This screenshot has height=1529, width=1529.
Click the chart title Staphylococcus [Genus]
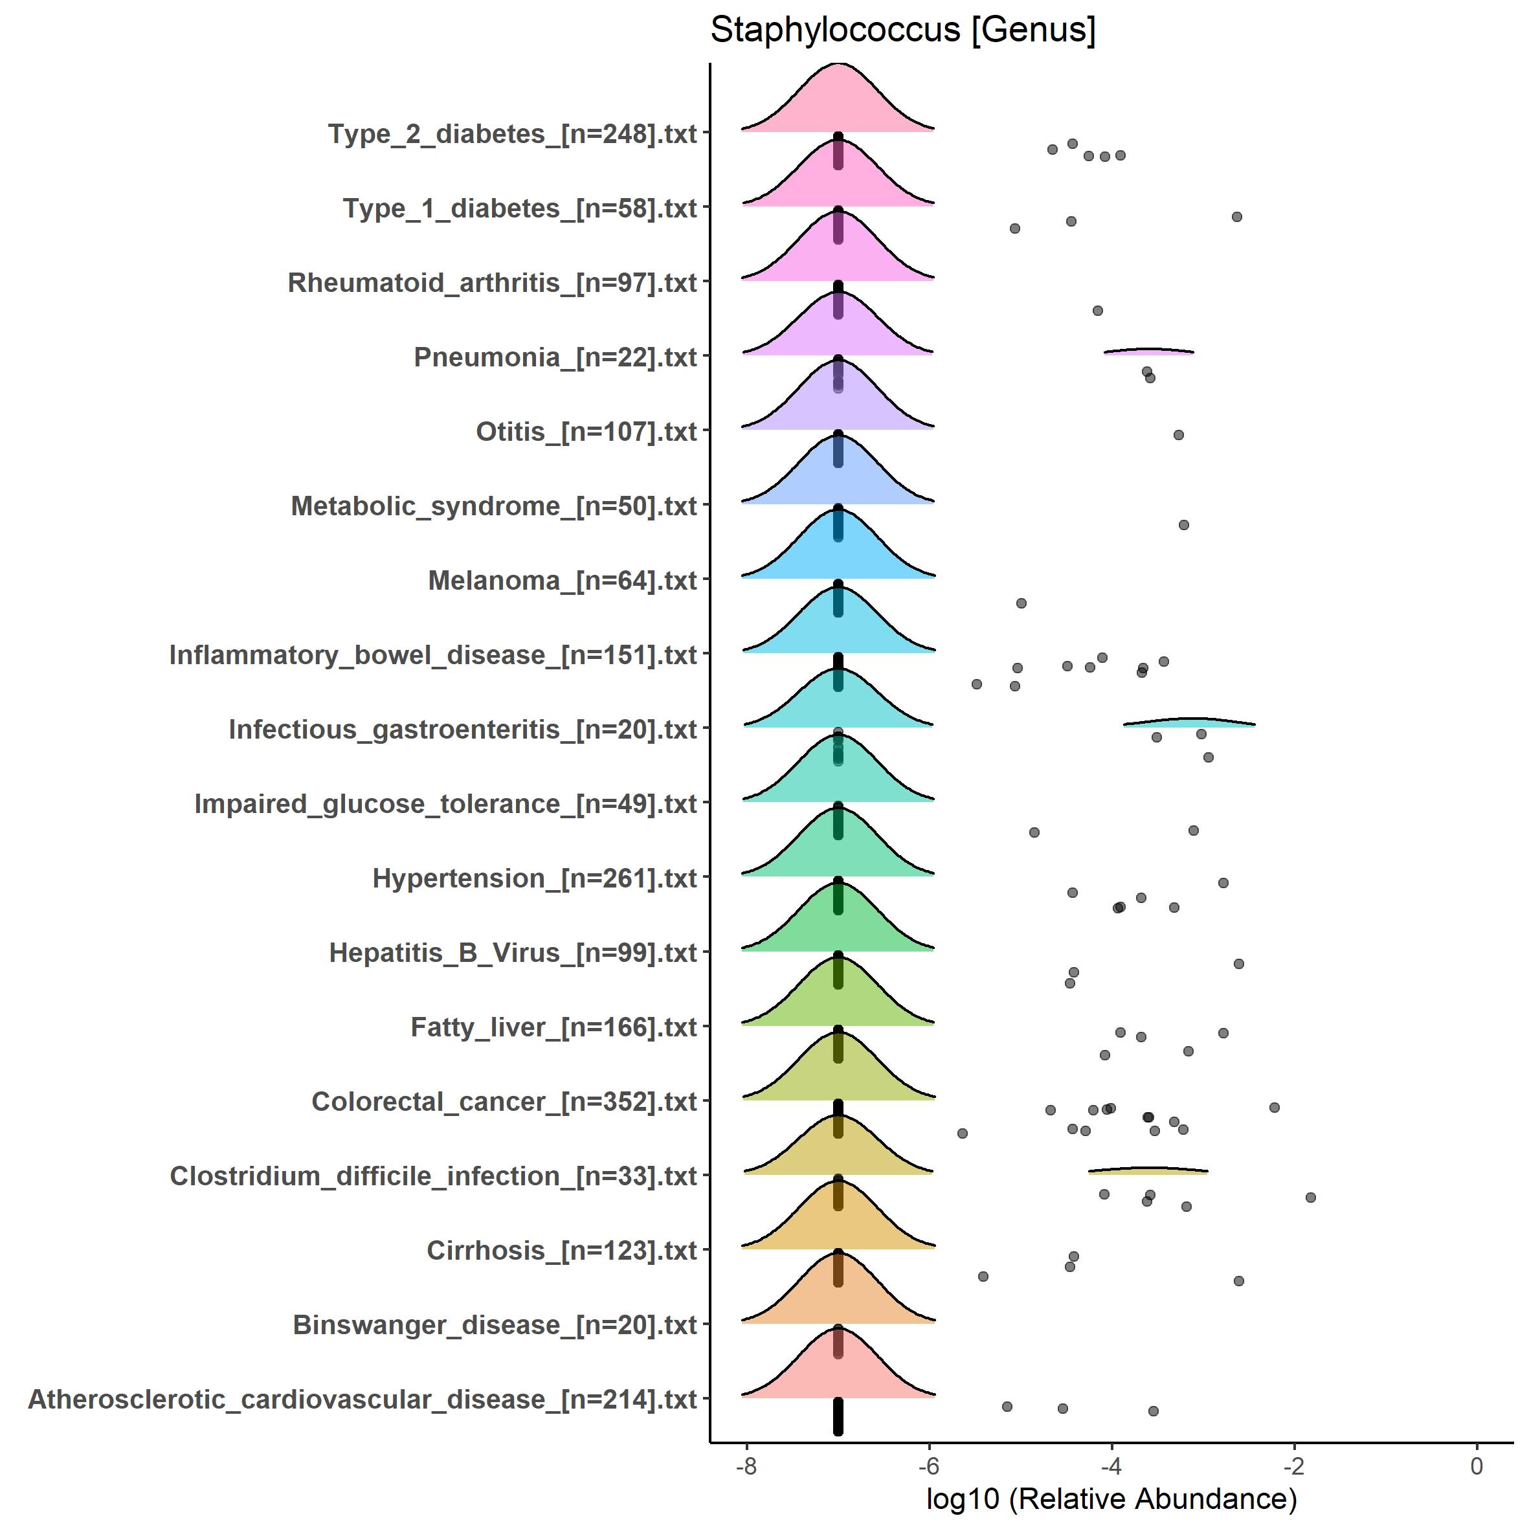[x=902, y=30]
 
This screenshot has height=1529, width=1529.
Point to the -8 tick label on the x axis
[x=746, y=1466]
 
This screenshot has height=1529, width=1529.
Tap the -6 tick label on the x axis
[x=928, y=1466]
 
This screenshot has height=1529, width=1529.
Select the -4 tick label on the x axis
[x=1111, y=1466]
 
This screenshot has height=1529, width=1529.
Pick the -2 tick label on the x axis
[x=1293, y=1466]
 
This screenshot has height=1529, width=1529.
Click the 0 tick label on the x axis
[x=1477, y=1466]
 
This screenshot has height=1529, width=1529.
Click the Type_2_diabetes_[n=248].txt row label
[x=512, y=134]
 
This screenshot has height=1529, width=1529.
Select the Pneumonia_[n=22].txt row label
[x=555, y=357]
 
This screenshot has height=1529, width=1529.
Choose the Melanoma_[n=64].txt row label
[x=562, y=580]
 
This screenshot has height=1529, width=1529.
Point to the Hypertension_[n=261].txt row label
[x=534, y=878]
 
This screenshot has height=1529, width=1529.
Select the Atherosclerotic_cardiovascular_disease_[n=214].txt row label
[x=363, y=1398]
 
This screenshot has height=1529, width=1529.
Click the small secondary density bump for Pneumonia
[x=1148, y=352]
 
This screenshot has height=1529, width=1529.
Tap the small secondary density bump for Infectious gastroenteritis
[x=1190, y=722]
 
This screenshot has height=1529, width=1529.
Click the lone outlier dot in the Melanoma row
[x=1021, y=603]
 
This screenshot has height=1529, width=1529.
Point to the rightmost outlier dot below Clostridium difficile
[x=1311, y=1198]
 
